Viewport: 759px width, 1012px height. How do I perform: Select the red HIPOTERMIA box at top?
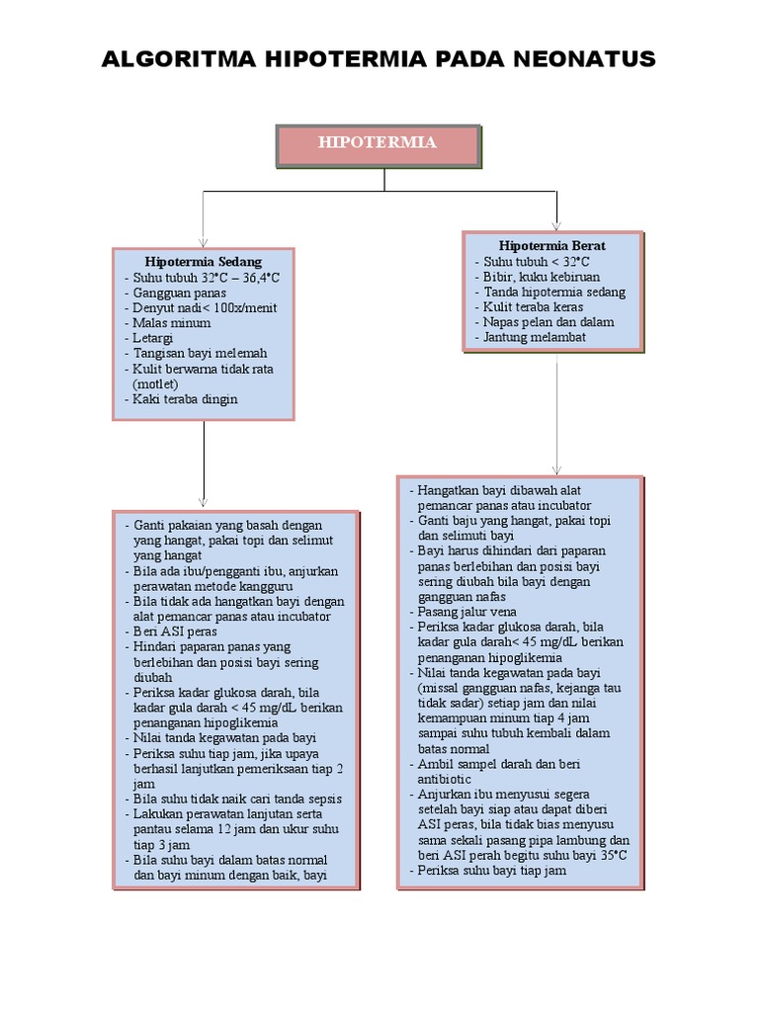coord(378,144)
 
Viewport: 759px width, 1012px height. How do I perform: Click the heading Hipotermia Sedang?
coord(204,262)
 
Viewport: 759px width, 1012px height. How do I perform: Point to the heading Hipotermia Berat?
coord(552,245)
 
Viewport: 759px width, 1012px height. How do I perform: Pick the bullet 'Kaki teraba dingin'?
coord(185,399)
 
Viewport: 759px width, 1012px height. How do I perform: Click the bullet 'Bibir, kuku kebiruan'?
coord(542,277)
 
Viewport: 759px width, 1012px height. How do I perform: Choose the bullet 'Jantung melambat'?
coord(535,337)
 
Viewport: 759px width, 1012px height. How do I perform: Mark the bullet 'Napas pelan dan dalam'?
coord(548,322)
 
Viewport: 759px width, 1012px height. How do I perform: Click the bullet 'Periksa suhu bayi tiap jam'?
coord(491,870)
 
